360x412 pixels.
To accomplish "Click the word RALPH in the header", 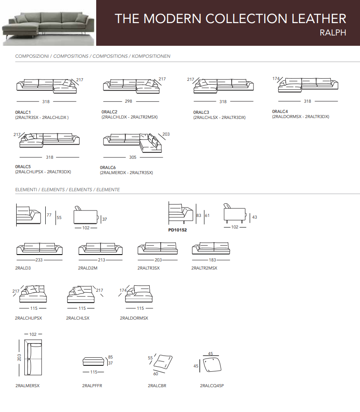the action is tap(333, 33).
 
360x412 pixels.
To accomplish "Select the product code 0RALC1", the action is tap(23, 112).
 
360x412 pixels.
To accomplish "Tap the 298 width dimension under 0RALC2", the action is tap(128, 101).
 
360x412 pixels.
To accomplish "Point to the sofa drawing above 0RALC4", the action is tap(308, 85).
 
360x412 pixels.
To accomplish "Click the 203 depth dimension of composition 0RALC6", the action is tap(166, 134).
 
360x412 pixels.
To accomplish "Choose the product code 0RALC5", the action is tap(23, 166).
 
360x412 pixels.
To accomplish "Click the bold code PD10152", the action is tap(177, 230).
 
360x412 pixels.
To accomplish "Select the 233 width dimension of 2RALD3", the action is tap(39, 260).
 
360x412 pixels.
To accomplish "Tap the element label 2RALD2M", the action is tap(88, 268).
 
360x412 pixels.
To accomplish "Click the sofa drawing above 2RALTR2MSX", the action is tap(211, 248).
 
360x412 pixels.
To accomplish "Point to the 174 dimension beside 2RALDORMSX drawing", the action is tap(123, 290).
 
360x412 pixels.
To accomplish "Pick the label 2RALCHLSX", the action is tap(78, 318).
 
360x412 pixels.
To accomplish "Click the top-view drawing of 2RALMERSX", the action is tap(33, 357).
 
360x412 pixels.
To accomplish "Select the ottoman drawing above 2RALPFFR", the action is tap(94, 361).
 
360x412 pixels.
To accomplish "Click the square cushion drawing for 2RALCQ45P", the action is tap(212, 365).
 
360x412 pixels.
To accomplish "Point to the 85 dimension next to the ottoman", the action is tap(110, 357).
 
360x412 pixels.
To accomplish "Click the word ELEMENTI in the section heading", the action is tap(26, 190).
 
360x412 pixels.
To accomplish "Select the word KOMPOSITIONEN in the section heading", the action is tap(151, 56).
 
